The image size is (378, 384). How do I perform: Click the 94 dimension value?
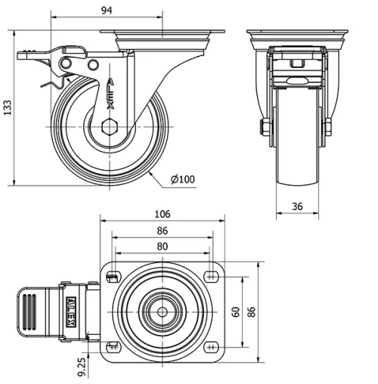point(107,11)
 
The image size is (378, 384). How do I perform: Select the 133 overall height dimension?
point(8,107)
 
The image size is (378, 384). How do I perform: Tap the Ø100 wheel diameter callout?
point(183,179)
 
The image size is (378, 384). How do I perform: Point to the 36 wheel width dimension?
point(297,206)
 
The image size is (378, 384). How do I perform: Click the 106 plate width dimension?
point(163,214)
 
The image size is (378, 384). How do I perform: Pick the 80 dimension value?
point(163,246)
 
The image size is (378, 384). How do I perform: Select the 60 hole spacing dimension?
point(236,311)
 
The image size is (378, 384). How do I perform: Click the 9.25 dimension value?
point(82,367)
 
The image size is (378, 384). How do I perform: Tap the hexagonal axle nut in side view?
point(110,126)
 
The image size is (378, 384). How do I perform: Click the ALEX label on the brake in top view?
point(71,311)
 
